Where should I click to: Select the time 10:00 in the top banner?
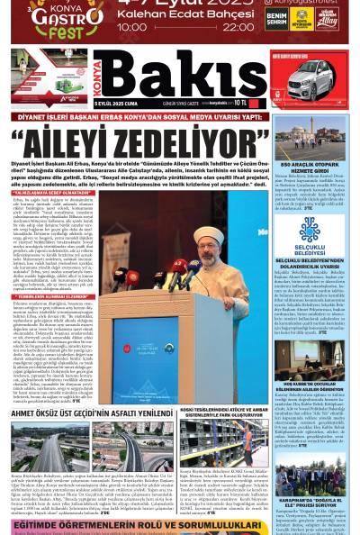[x=132, y=27]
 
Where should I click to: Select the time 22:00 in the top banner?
[x=238, y=27]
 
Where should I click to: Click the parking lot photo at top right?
[x=310, y=141]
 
